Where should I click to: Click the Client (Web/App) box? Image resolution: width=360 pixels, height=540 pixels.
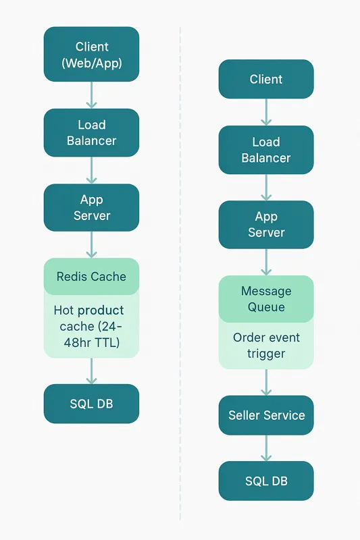tap(91, 55)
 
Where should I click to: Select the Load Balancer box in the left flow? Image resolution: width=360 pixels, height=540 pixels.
tap(91, 133)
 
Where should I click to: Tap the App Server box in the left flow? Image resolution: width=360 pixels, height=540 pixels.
tap(91, 208)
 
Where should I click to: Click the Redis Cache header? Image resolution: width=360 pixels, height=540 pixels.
tap(91, 276)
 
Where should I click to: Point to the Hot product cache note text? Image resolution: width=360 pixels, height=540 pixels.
tap(91, 326)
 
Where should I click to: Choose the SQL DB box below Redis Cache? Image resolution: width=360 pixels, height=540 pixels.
tap(91, 404)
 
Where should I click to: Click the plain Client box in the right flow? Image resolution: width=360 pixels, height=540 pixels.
tap(266, 79)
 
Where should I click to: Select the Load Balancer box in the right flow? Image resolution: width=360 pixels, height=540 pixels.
tap(266, 150)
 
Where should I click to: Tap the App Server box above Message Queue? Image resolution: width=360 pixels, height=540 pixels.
tap(266, 225)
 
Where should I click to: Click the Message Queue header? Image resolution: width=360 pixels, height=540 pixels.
tap(266, 299)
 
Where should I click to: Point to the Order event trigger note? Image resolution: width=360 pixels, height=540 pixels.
tap(266, 346)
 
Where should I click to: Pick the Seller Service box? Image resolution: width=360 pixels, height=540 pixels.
tap(266, 415)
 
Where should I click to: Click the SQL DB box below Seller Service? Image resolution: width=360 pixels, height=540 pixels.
tap(266, 481)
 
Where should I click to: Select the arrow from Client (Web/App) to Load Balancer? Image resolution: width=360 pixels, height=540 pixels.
tap(91, 95)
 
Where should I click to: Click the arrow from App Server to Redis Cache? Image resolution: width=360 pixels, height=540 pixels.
tap(91, 244)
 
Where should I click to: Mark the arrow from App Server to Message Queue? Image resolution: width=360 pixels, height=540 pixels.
tap(266, 262)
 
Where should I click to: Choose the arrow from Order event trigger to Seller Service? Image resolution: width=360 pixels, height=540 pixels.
tap(266, 382)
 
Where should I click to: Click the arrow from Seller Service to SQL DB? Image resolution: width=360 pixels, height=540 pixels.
tap(266, 448)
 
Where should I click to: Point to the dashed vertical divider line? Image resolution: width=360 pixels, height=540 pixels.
tap(180, 270)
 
